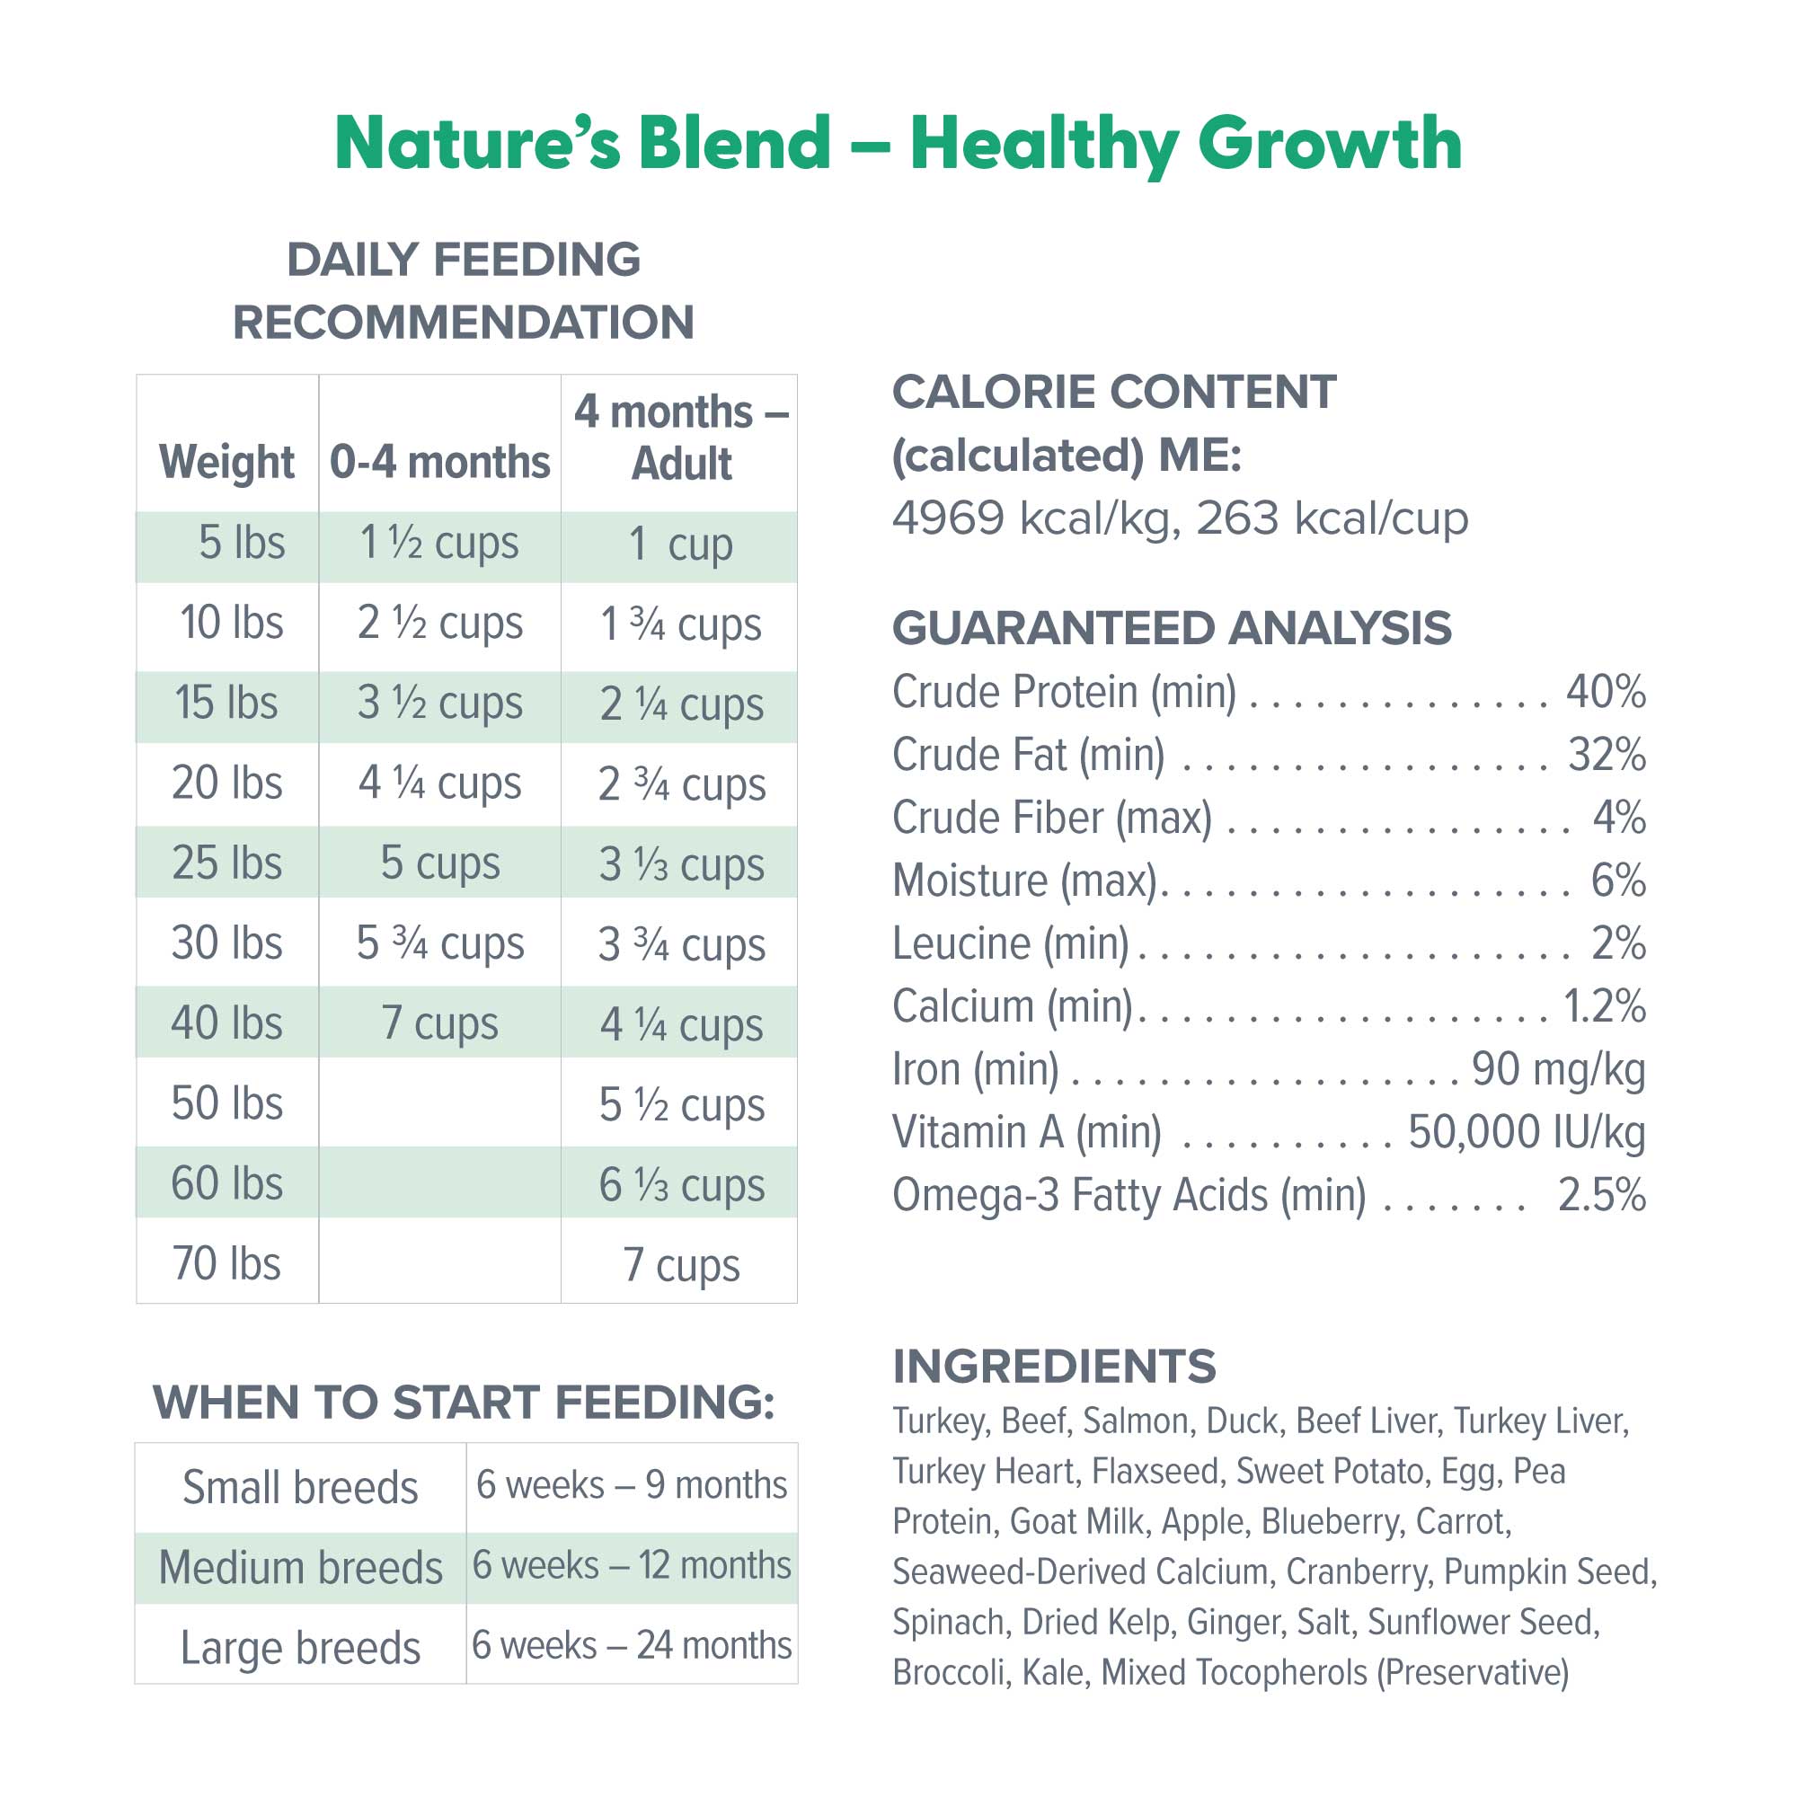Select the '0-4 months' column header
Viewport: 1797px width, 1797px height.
(x=440, y=462)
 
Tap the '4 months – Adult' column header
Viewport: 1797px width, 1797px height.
(x=681, y=438)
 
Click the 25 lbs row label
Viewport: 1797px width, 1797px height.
(x=227, y=863)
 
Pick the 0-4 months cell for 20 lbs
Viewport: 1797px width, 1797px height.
(x=440, y=783)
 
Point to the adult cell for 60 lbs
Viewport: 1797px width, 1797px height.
(x=681, y=1185)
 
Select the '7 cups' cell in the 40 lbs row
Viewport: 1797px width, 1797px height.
(x=440, y=1023)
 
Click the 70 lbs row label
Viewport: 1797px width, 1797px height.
(x=227, y=1264)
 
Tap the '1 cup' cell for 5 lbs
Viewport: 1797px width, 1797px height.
(x=681, y=544)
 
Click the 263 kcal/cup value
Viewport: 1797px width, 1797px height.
(x=1332, y=518)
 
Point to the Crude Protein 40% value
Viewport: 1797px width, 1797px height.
(x=1606, y=692)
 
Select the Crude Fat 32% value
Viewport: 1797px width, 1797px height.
(x=1607, y=755)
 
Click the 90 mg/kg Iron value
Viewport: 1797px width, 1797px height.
(x=1558, y=1069)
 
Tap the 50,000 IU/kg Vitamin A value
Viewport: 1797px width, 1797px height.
(x=1527, y=1132)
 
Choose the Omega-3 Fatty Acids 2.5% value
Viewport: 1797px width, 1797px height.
(x=1602, y=1195)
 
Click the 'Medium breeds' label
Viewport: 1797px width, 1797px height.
(x=300, y=1568)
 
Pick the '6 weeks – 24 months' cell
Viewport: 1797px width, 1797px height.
(x=632, y=1645)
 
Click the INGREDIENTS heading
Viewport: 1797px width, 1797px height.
(x=1054, y=1367)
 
